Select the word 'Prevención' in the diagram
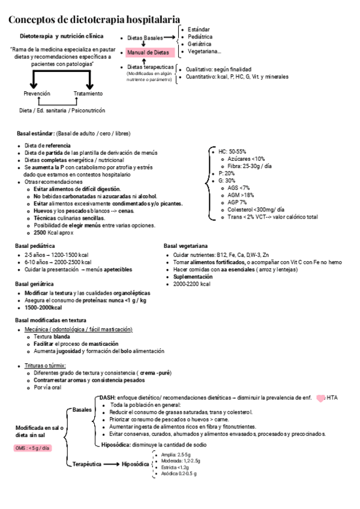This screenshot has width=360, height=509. [x=37, y=94]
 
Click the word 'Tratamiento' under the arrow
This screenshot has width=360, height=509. [x=88, y=94]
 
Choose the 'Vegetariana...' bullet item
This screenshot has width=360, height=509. [x=204, y=51]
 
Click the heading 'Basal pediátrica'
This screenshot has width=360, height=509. [x=35, y=245]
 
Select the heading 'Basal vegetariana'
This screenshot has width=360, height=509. [x=186, y=245]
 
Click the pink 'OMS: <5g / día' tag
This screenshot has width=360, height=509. [x=32, y=448]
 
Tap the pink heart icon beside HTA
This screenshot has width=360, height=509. [x=320, y=397]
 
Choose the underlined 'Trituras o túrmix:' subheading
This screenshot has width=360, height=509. [x=45, y=365]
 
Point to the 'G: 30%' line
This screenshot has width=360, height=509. [x=227, y=180]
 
